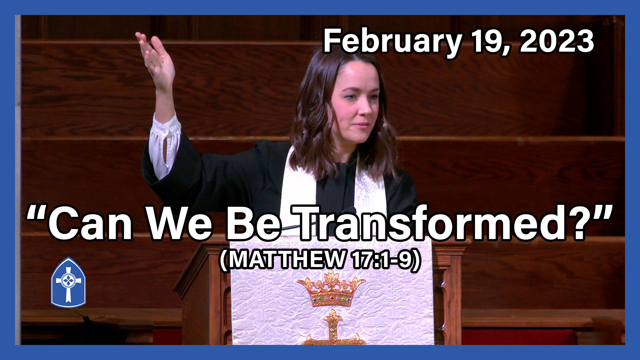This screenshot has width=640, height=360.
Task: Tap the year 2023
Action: click(x=557, y=41)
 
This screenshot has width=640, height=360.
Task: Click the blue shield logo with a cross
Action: click(x=68, y=283)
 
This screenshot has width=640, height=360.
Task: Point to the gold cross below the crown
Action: click(x=333, y=328)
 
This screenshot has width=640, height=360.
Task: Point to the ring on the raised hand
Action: click(x=152, y=61)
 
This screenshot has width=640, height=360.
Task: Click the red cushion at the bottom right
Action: click(x=520, y=337)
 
